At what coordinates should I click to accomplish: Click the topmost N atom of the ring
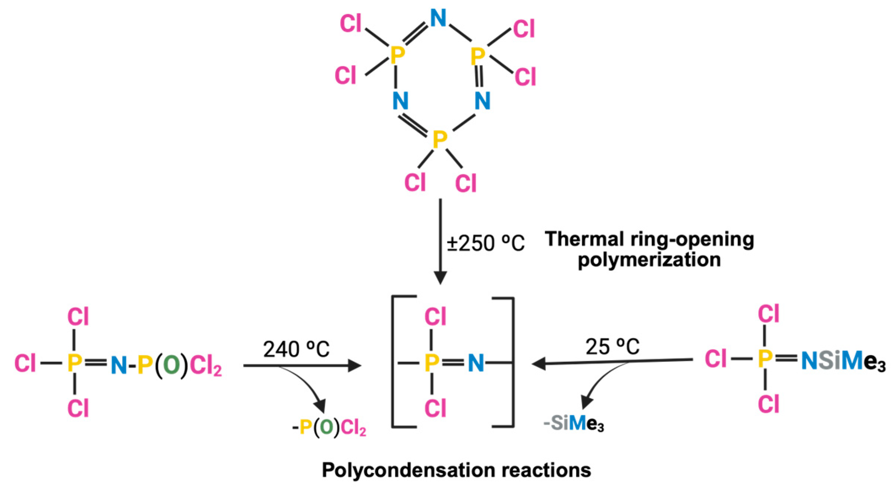pyautogui.click(x=438, y=18)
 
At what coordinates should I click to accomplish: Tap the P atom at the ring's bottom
pyautogui.click(x=440, y=140)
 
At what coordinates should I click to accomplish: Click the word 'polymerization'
pyautogui.click(x=649, y=260)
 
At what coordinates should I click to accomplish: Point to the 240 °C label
pyautogui.click(x=296, y=349)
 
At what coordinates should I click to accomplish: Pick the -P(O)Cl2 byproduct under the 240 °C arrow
pyautogui.click(x=329, y=428)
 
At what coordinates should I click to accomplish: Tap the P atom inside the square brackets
pyautogui.click(x=432, y=362)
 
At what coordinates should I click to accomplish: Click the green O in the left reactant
pyautogui.click(x=171, y=365)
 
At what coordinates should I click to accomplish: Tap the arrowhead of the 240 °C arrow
pyautogui.click(x=355, y=366)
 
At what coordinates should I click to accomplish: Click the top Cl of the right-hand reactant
pyautogui.click(x=768, y=314)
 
